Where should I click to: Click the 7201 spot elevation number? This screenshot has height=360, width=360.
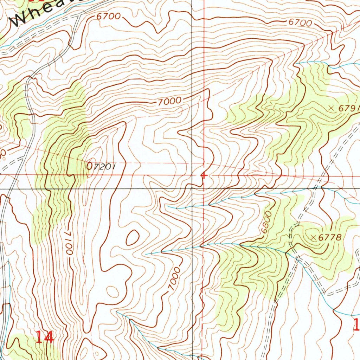click(x=103, y=166)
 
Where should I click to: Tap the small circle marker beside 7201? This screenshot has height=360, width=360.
click(x=90, y=166)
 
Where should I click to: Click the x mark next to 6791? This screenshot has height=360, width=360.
click(x=331, y=108)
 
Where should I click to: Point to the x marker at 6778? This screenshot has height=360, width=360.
click(x=314, y=238)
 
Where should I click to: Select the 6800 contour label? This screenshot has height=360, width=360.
click(x=267, y=222)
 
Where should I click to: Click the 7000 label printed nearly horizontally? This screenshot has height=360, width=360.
click(x=169, y=102)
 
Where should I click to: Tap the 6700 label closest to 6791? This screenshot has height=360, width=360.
click(x=300, y=23)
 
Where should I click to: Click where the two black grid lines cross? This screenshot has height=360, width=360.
click(x=192, y=188)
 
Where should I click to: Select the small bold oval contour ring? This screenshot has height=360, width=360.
click(x=133, y=238)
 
